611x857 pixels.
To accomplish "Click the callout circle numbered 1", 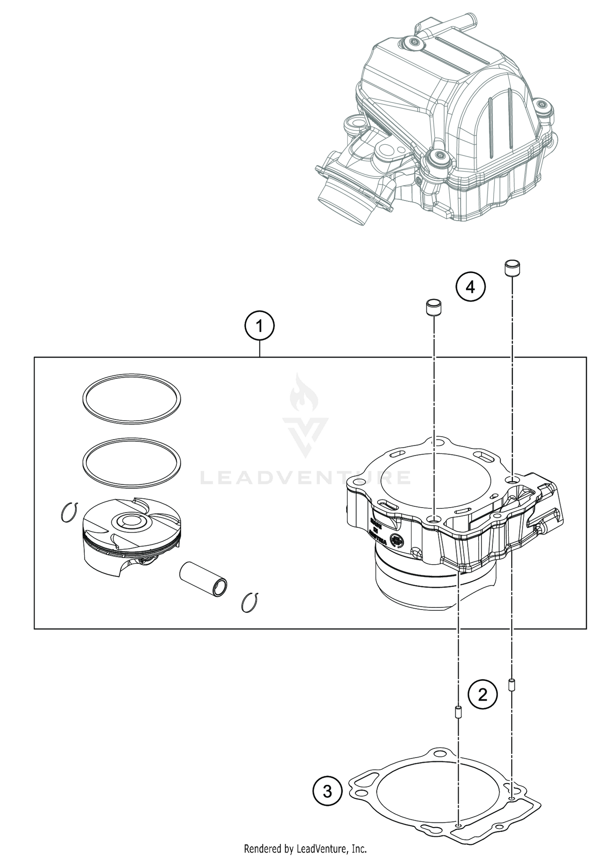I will tap(259, 326).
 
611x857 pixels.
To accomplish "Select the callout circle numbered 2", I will tap(482, 694).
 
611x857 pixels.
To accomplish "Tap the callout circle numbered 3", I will tap(327, 792).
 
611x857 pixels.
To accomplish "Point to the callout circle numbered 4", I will tap(470, 287).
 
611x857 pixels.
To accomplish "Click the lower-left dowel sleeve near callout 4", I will tap(434, 307).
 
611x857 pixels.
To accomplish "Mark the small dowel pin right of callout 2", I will tap(511, 685).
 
